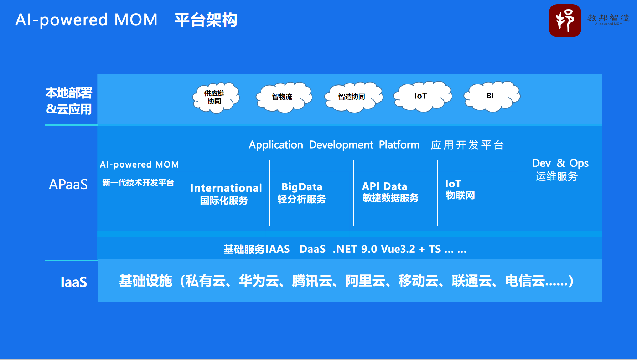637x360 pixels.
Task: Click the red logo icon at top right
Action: [x=565, y=21]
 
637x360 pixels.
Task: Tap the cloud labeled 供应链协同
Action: [x=215, y=97]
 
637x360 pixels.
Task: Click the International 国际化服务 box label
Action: [x=226, y=194]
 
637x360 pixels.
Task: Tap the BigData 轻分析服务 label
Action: [x=302, y=193]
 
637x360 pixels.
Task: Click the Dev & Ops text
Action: [x=560, y=163]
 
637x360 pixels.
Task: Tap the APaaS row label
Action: [x=68, y=185]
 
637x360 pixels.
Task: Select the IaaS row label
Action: [x=74, y=282]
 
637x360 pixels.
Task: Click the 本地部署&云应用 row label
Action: [x=69, y=101]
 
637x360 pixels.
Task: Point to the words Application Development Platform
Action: [x=334, y=145]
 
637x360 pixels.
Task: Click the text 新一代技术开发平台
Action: [x=138, y=183]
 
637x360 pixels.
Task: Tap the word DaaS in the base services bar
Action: [x=312, y=249]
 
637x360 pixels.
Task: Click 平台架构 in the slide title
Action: [x=206, y=20]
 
